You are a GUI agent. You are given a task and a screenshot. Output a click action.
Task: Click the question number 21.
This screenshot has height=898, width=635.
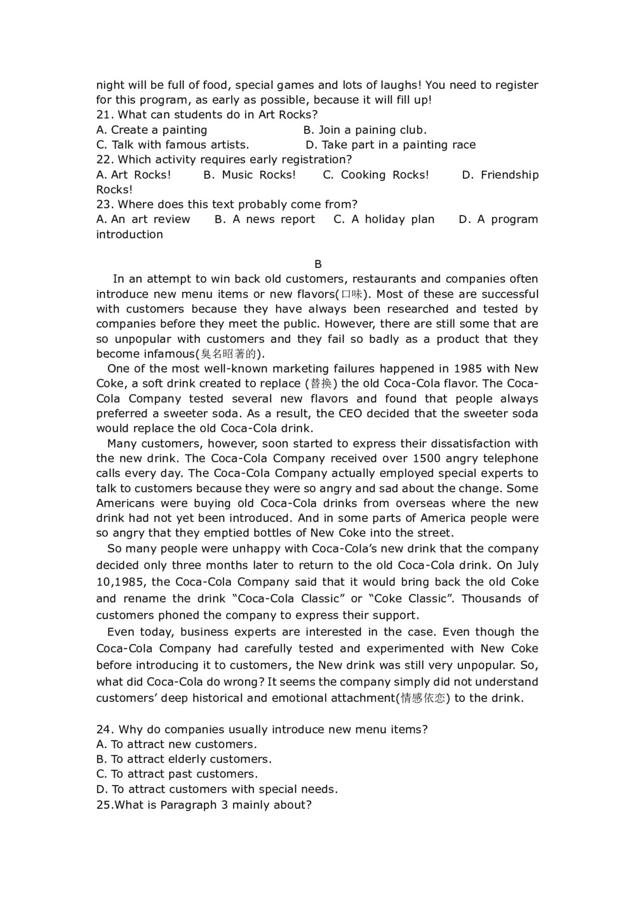(104, 115)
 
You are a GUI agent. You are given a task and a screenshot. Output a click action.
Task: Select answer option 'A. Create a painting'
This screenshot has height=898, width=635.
(152, 130)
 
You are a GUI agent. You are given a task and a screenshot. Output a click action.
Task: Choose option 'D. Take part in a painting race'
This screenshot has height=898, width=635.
(390, 145)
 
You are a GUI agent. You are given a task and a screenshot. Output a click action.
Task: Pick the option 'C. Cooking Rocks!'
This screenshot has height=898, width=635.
(376, 175)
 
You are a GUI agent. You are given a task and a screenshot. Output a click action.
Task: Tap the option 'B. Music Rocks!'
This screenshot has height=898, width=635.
(250, 175)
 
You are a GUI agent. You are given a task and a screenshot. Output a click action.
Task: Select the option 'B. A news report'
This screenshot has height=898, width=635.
(265, 219)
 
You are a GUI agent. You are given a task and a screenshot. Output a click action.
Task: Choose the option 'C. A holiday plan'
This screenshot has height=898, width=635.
(384, 219)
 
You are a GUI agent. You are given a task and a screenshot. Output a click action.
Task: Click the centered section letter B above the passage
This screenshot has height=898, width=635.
(318, 264)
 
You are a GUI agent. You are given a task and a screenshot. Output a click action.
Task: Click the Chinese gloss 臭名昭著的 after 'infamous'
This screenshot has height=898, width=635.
(229, 354)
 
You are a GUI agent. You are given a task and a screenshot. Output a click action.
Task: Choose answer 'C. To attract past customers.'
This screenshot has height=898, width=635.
(177, 774)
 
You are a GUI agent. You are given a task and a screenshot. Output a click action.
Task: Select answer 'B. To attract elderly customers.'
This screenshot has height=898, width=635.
(184, 760)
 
